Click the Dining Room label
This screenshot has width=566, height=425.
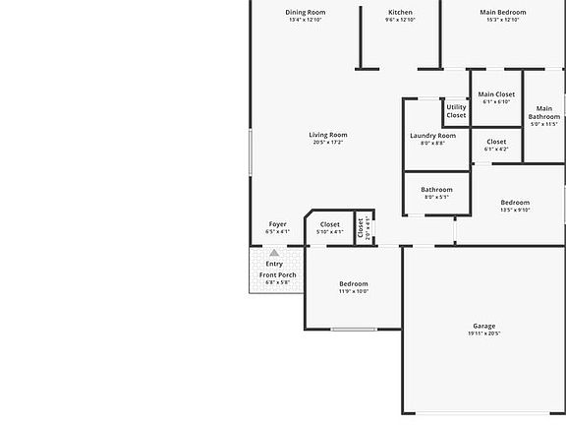[x=306, y=13]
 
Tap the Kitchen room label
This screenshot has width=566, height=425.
[x=372, y=13]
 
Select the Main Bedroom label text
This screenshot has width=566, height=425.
[x=502, y=13]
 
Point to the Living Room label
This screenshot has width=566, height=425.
[x=328, y=135]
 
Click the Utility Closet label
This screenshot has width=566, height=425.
[x=456, y=111]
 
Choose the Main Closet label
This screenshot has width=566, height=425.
[x=496, y=94]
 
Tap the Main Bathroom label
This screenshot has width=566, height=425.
[x=543, y=113]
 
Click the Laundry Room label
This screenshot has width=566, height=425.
[x=432, y=136]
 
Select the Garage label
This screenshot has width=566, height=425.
[x=483, y=326]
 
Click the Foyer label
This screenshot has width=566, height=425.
[x=277, y=224]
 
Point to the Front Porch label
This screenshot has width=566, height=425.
[x=277, y=274]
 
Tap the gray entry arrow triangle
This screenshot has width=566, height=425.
[x=274, y=253]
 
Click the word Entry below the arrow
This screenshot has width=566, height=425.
[x=274, y=264]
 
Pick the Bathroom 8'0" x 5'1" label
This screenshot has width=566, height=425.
[x=436, y=190]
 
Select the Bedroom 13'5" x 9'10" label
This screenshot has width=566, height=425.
[x=515, y=203]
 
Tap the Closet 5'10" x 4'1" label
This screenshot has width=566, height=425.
[x=330, y=224]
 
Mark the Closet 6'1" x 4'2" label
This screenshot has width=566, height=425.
[x=496, y=142]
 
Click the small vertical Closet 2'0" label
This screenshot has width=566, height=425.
[x=361, y=228]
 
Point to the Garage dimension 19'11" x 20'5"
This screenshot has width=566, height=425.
[x=483, y=334]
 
